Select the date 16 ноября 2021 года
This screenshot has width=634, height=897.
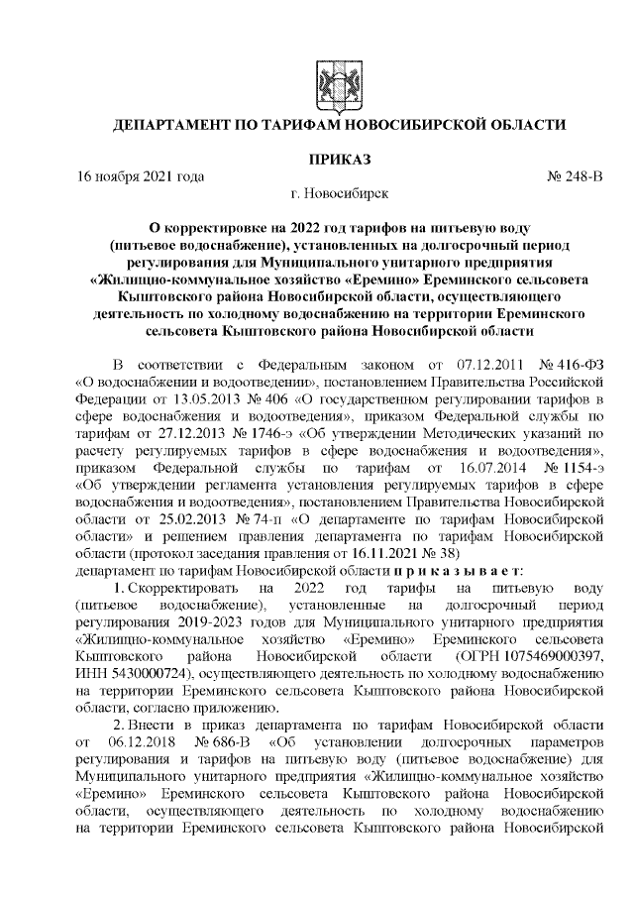click(140, 176)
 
